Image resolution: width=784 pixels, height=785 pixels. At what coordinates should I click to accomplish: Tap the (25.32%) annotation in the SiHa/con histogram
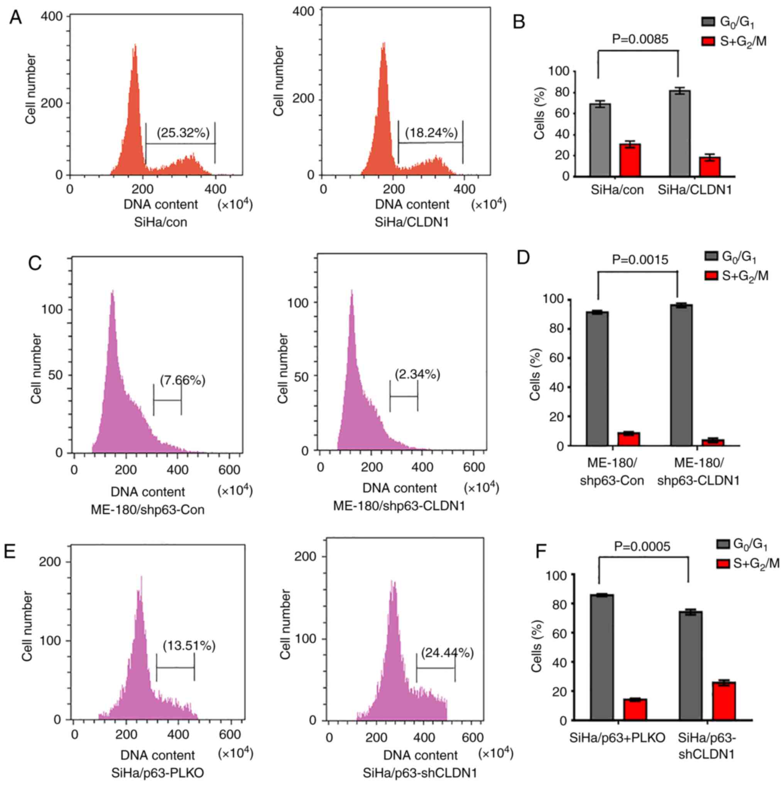pos(183,132)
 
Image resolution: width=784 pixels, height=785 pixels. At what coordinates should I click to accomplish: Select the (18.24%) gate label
pos(431,132)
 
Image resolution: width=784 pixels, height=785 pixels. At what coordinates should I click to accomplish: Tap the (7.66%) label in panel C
pos(182,381)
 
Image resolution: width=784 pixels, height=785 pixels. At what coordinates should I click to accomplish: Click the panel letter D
pos(523,257)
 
